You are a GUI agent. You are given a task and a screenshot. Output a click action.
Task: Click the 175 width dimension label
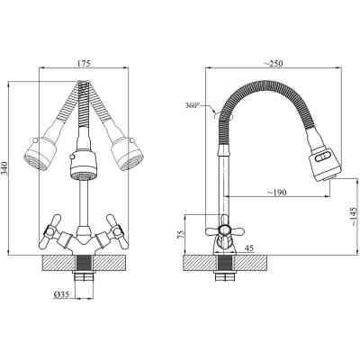click(x=84, y=64)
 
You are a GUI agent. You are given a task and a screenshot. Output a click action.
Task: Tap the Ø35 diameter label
click(x=61, y=294)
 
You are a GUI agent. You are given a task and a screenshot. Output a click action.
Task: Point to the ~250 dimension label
click(x=273, y=63)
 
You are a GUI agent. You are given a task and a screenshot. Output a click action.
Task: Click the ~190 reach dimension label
click(x=276, y=192)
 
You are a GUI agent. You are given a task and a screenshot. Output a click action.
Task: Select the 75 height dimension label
click(x=181, y=234)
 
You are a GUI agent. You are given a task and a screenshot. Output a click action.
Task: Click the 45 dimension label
click(x=249, y=248)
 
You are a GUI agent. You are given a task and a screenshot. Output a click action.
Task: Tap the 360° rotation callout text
click(x=193, y=105)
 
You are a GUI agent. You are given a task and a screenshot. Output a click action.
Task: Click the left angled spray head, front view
click(x=39, y=154)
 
